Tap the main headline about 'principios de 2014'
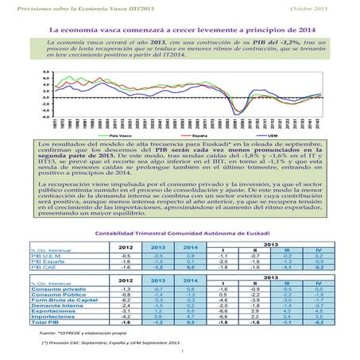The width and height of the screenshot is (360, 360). tap(179, 29)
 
